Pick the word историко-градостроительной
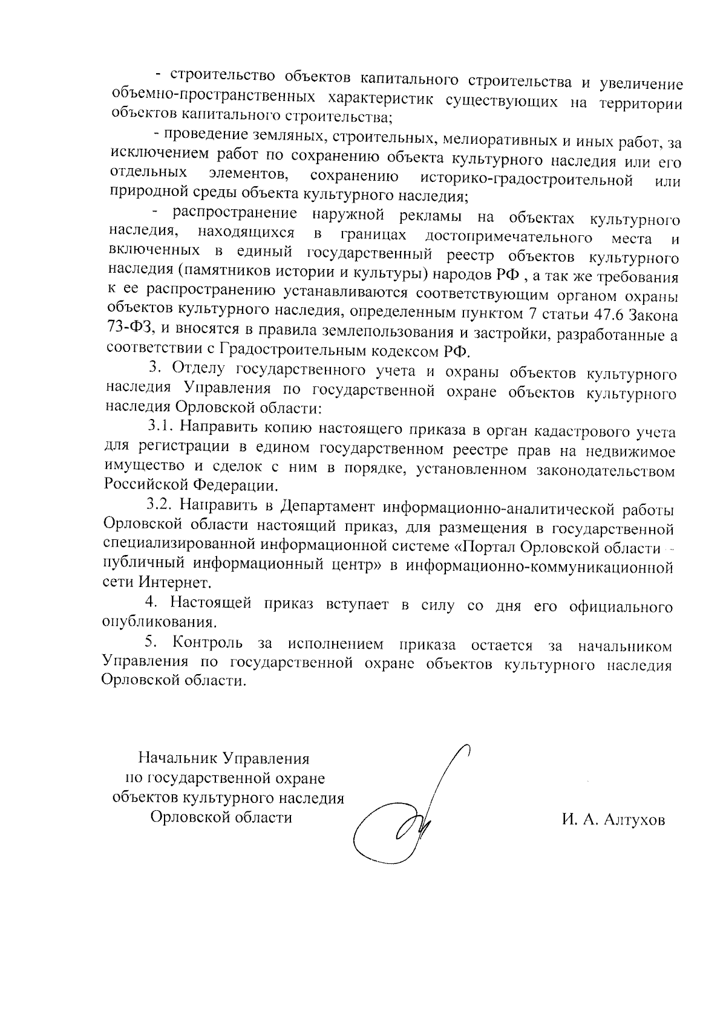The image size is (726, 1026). point(526,180)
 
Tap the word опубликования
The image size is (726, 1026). point(159,622)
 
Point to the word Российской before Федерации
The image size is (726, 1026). point(146,485)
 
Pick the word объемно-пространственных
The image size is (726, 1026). point(214,98)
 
